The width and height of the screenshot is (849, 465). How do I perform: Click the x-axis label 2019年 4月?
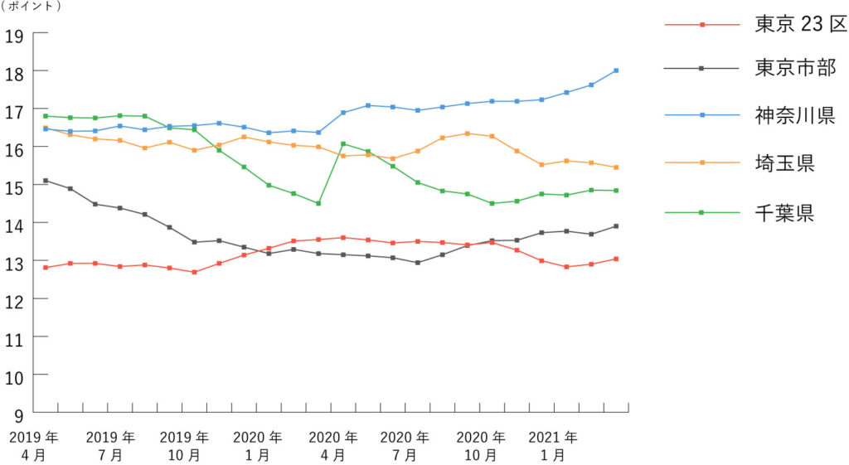tap(34, 445)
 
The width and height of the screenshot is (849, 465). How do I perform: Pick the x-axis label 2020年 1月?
tap(257, 445)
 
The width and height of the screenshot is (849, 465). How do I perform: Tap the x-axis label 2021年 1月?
tap(553, 445)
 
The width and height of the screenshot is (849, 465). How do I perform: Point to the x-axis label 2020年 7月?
tap(405, 445)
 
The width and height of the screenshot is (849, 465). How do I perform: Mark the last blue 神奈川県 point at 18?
tap(616, 70)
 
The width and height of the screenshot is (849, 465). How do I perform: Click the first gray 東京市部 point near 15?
tap(46, 181)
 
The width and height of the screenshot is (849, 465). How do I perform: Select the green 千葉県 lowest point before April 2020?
tap(318, 203)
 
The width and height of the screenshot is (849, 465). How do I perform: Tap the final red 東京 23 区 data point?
tap(616, 259)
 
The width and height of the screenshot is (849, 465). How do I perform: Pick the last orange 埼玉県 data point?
tap(616, 167)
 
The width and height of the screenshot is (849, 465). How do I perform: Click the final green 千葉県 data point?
tap(616, 191)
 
